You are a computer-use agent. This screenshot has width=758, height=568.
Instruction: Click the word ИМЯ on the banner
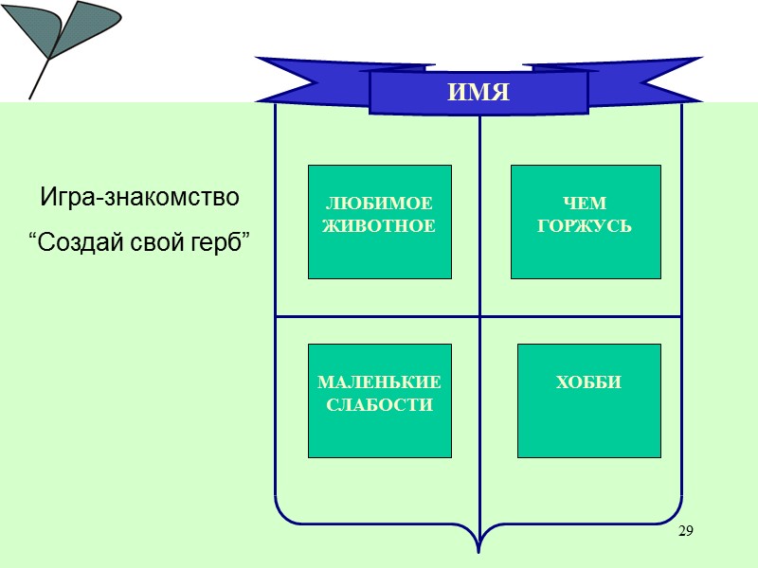coord(478,93)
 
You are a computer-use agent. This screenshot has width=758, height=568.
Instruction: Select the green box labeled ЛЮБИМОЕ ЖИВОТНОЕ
coord(379,222)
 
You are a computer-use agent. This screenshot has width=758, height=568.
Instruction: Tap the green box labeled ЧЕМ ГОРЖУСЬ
coord(585,222)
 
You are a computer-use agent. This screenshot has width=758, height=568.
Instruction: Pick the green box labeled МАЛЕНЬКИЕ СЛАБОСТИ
coord(379,399)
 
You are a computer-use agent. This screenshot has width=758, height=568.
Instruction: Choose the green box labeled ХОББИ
coord(587,399)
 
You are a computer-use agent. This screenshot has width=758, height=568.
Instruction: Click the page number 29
coord(686,531)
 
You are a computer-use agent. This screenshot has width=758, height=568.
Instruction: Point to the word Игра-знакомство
coord(139,199)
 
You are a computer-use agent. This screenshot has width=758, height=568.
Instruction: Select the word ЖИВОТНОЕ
coord(379,227)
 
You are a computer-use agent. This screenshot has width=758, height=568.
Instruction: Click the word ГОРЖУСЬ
coord(585,227)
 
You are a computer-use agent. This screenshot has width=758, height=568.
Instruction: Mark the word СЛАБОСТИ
coord(379,405)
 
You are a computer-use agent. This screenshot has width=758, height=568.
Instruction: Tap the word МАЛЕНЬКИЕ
coord(379,383)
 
